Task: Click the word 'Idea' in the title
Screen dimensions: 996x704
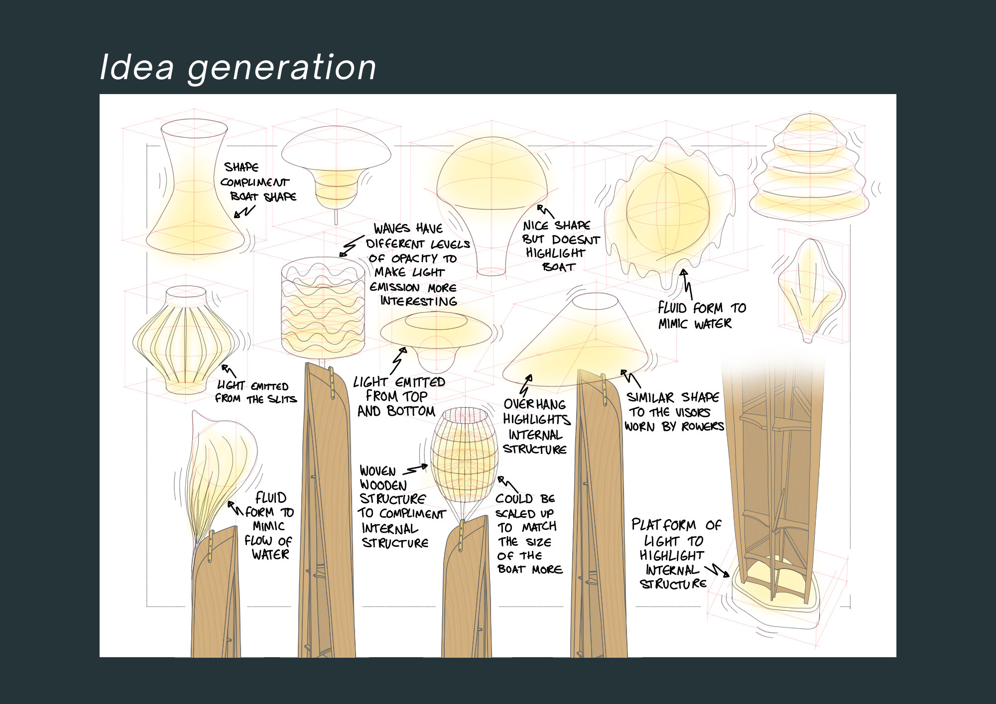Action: tap(137, 67)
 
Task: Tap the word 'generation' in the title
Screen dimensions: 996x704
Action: tap(282, 68)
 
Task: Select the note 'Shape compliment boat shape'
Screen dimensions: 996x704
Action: tap(258, 182)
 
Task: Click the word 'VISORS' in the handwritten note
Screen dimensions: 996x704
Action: tap(693, 412)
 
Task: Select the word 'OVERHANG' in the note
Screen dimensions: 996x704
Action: tap(534, 404)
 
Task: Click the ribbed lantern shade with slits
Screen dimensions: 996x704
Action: tap(185, 339)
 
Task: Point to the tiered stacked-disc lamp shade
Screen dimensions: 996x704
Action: tap(810, 169)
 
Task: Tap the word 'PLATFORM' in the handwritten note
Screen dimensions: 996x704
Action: tap(664, 525)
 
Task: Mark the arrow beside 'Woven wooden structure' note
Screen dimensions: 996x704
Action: tap(416, 469)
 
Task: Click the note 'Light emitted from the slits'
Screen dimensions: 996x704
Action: tap(255, 392)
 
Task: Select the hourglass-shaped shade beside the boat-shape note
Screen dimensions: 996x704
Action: tap(194, 189)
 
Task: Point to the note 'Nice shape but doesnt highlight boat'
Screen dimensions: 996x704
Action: tap(560, 246)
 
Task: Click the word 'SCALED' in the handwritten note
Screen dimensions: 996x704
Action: tap(515, 513)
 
